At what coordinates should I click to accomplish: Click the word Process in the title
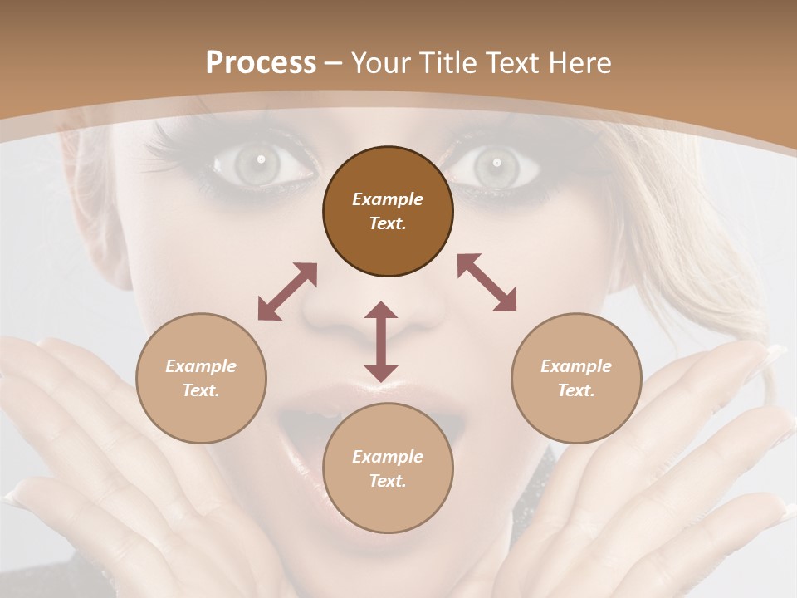(x=261, y=63)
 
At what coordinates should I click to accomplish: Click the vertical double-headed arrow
(x=381, y=341)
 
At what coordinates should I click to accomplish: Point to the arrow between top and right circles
(x=487, y=282)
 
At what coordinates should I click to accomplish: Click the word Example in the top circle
(x=388, y=199)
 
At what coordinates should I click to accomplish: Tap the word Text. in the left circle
(x=201, y=390)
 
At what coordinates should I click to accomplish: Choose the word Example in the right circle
(x=576, y=366)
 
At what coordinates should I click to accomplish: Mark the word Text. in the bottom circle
(x=388, y=481)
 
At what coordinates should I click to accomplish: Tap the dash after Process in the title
(x=333, y=63)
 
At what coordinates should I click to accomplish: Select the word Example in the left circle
(x=201, y=366)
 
